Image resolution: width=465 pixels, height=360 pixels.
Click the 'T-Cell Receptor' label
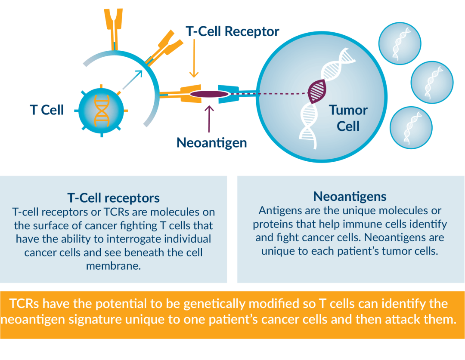pos(232,31)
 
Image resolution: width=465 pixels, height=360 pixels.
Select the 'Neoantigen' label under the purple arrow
pos(211,143)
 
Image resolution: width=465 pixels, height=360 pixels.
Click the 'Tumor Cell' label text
pos(348,118)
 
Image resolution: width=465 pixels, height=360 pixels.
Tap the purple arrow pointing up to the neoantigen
pos(209,118)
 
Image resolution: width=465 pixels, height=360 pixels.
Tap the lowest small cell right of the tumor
pos(411,127)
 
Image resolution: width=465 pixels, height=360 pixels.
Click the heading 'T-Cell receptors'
pos(114,198)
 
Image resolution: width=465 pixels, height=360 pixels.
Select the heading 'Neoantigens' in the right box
pos(350,197)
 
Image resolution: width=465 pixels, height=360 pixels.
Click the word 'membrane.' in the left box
pos(114,266)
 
